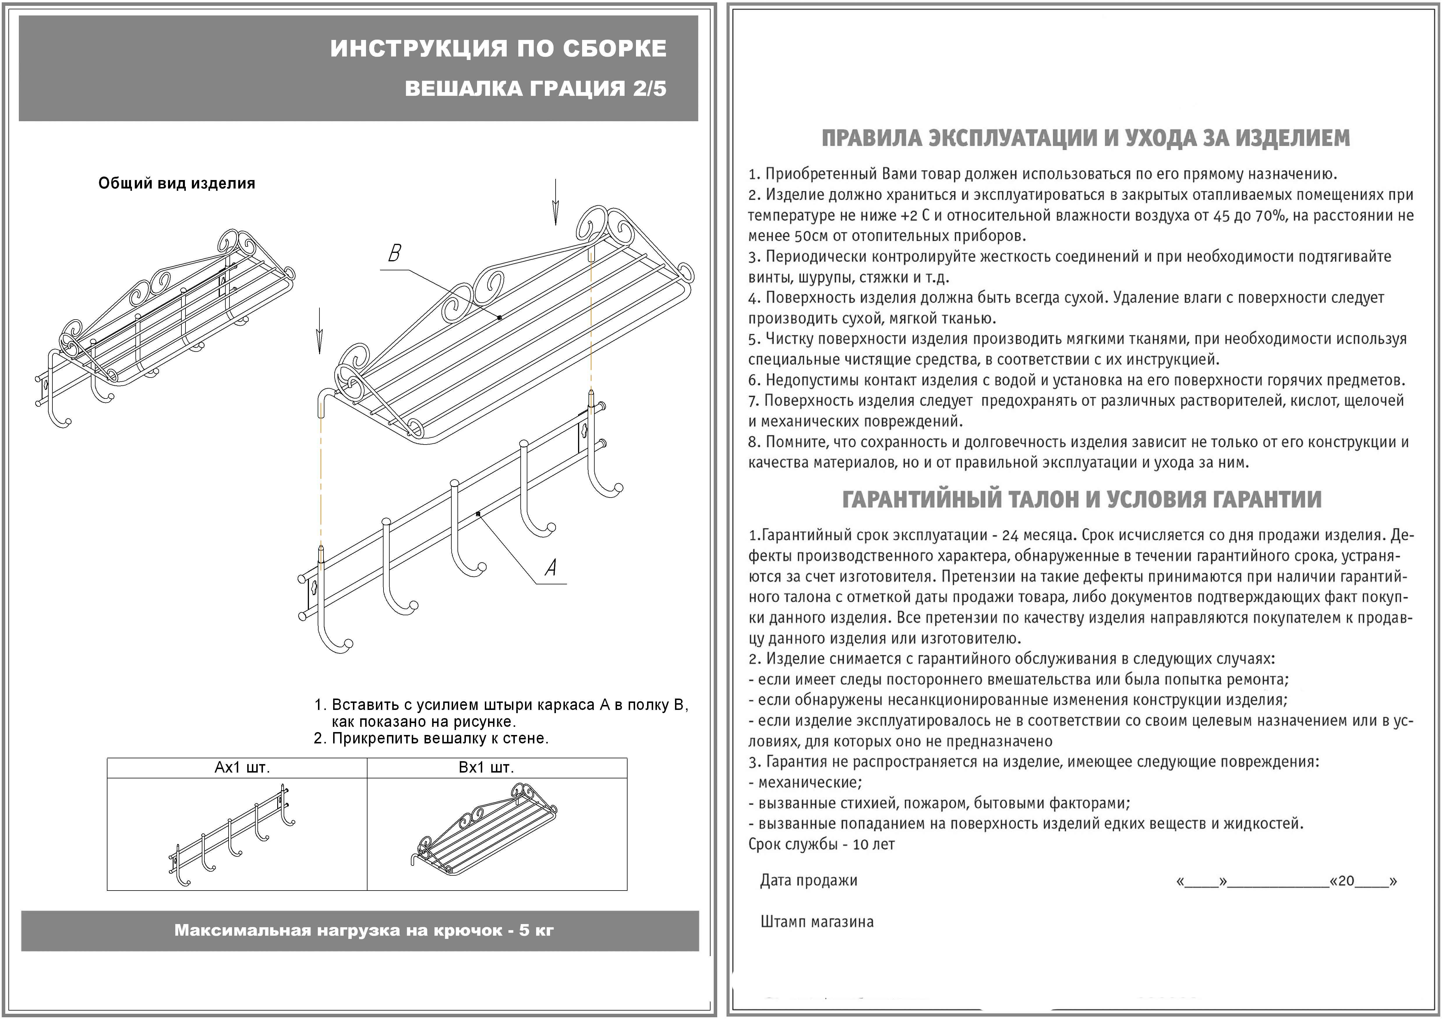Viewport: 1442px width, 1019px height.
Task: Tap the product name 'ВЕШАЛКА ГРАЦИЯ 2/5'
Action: click(535, 89)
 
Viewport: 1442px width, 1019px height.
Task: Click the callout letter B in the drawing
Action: click(394, 254)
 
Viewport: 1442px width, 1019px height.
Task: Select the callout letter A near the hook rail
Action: click(551, 568)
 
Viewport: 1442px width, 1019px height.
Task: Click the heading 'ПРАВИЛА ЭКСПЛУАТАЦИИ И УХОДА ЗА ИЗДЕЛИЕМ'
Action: click(1085, 137)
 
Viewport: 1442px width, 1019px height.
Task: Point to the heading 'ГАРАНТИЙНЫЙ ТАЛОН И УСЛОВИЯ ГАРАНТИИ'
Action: click(1081, 499)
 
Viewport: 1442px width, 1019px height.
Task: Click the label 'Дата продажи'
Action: click(808, 880)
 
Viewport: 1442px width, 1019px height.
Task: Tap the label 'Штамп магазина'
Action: click(817, 922)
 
